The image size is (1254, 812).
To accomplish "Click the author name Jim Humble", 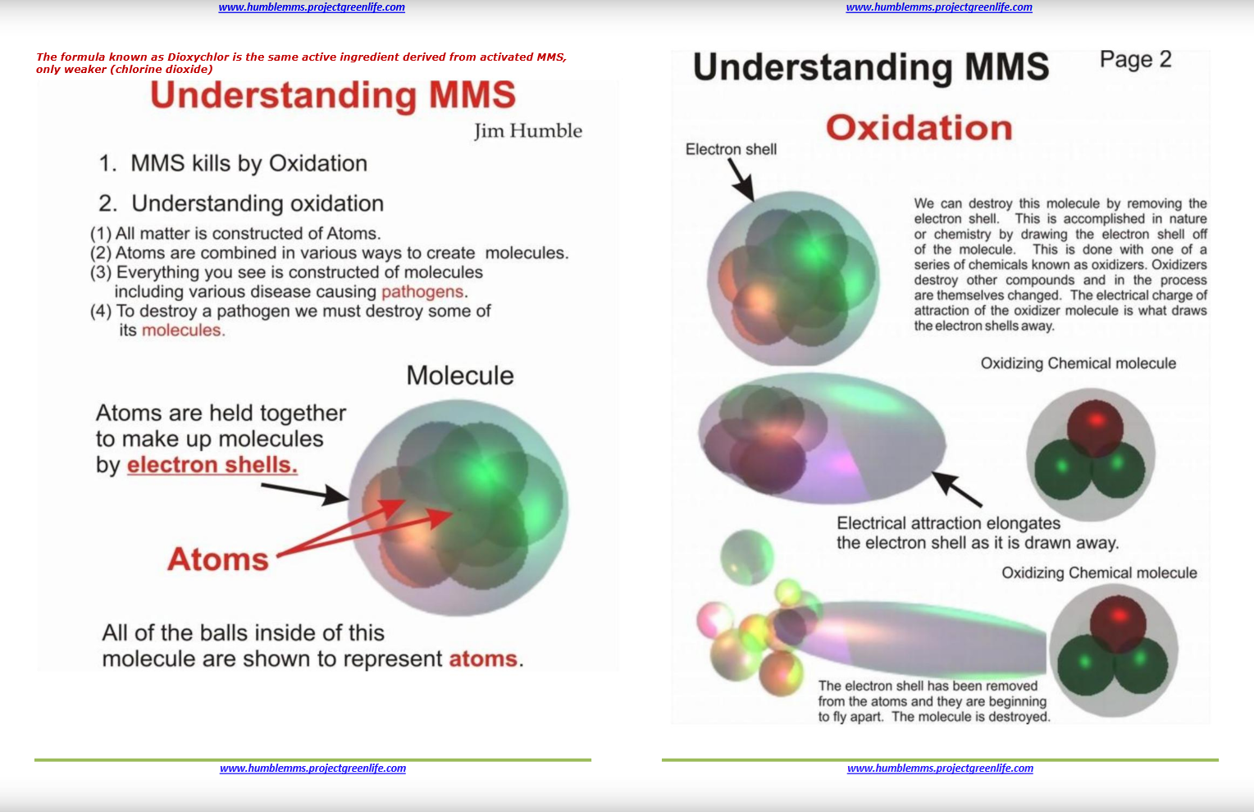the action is point(528,131).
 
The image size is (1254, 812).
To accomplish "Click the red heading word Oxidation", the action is point(919,128).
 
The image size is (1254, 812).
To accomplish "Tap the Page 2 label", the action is point(1135,59).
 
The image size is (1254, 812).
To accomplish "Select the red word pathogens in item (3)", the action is point(422,292).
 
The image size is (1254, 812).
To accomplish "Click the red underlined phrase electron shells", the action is point(212,465).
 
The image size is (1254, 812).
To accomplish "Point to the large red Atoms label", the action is point(218,559).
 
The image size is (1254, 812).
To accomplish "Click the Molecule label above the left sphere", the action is point(459,375).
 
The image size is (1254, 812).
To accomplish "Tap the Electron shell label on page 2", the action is point(731,149).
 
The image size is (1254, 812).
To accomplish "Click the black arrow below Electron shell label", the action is point(741,179).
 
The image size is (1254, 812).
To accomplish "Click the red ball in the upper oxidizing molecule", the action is point(1095,428).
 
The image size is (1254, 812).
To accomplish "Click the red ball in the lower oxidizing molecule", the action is point(1118,624).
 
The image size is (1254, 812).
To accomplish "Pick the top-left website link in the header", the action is point(312,7).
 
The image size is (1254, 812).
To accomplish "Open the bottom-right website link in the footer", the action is point(940,769).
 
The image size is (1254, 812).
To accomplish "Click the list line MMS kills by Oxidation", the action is point(233,163).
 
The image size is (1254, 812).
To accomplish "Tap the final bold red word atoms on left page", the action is point(483,659).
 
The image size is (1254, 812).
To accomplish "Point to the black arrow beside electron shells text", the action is point(305,493).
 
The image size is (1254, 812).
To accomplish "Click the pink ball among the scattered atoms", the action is point(714,619).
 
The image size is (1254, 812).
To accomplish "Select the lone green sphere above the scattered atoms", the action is point(747,557).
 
